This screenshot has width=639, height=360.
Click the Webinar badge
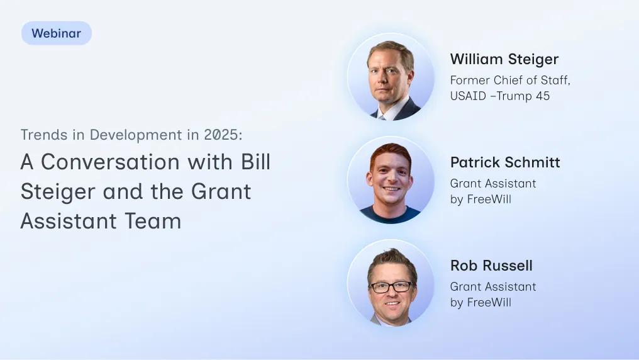click(x=56, y=33)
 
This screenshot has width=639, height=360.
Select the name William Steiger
click(x=504, y=60)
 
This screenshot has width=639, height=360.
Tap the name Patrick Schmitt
click(x=505, y=162)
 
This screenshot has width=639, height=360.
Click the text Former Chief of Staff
click(x=510, y=81)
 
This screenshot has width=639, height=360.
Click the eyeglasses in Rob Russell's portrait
click(x=391, y=287)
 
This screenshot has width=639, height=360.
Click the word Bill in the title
click(x=256, y=162)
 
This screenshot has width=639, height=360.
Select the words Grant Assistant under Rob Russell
click(x=493, y=286)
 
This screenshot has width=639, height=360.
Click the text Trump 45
click(x=523, y=96)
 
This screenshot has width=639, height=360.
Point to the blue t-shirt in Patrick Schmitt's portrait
click(x=390, y=215)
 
